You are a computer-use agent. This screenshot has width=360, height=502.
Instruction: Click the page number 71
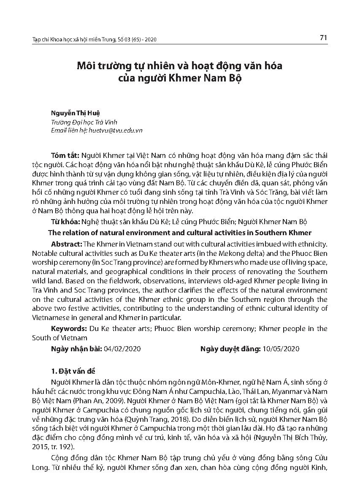pos(324,38)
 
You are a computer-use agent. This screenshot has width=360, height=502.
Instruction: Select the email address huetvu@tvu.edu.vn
pos(115,130)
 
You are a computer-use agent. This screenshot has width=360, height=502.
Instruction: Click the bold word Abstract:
pos(67,244)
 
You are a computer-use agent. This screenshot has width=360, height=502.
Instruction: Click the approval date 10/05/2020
pos(281,349)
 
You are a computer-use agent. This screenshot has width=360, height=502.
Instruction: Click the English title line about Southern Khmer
pos(180,233)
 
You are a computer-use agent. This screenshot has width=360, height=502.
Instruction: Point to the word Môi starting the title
pos(85,66)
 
